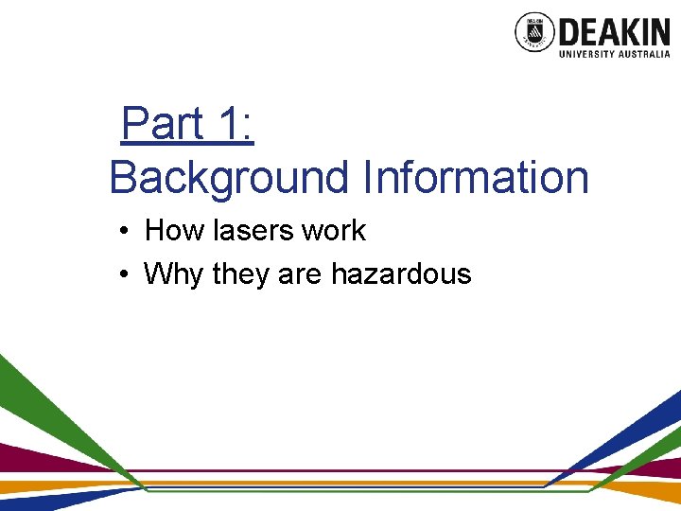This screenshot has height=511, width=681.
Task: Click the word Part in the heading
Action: tap(163, 124)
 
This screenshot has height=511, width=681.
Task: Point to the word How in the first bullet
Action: tap(168, 230)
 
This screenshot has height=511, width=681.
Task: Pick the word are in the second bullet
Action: tap(300, 274)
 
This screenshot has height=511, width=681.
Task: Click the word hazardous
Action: tap(400, 274)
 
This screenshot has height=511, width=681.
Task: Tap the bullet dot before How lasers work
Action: tap(125, 231)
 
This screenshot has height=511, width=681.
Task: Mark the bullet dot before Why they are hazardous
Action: tap(125, 275)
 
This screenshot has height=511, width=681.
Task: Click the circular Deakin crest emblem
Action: tap(533, 32)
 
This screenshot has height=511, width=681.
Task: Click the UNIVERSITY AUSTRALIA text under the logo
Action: tap(615, 55)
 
